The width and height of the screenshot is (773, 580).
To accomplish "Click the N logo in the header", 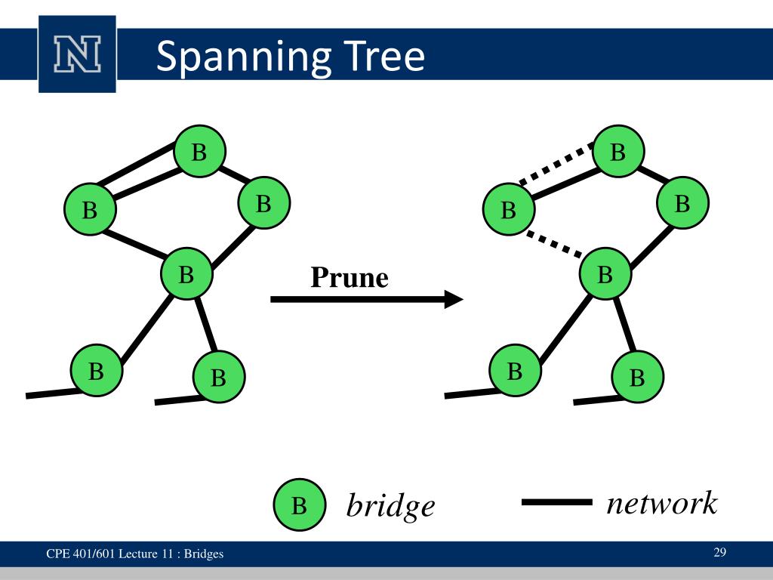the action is pyautogui.click(x=78, y=54).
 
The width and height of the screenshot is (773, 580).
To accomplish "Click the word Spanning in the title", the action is pyautogui.click(x=244, y=57).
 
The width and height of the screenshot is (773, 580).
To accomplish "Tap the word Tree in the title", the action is pyautogui.click(x=384, y=56).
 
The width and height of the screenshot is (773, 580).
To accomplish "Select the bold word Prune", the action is pyautogui.click(x=350, y=277).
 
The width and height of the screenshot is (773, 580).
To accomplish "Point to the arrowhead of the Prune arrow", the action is pyautogui.click(x=454, y=299).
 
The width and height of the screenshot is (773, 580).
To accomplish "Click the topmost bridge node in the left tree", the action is pyautogui.click(x=199, y=151).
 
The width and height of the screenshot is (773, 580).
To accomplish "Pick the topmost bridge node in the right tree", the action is pyautogui.click(x=618, y=151).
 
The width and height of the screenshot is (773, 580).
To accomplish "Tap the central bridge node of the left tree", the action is pyautogui.click(x=187, y=273).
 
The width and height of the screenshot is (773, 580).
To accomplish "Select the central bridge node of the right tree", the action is pyautogui.click(x=605, y=273).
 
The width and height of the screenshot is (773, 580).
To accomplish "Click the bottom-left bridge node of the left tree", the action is pyautogui.click(x=97, y=370).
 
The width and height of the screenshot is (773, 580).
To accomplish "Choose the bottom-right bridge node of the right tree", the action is pyautogui.click(x=637, y=377).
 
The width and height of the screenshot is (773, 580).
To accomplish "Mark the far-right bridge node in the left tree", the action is pyautogui.click(x=263, y=202).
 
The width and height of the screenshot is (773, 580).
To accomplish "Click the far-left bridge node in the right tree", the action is pyautogui.click(x=509, y=209).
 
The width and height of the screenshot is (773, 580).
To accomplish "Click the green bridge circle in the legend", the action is pyautogui.click(x=300, y=504).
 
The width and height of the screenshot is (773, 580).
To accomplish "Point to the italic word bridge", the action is pyautogui.click(x=390, y=504).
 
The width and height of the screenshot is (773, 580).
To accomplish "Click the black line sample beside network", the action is pyautogui.click(x=557, y=502).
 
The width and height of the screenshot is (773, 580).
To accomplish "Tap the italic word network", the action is pyautogui.click(x=662, y=503).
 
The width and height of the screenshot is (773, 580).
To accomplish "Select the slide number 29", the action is pyautogui.click(x=719, y=552).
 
